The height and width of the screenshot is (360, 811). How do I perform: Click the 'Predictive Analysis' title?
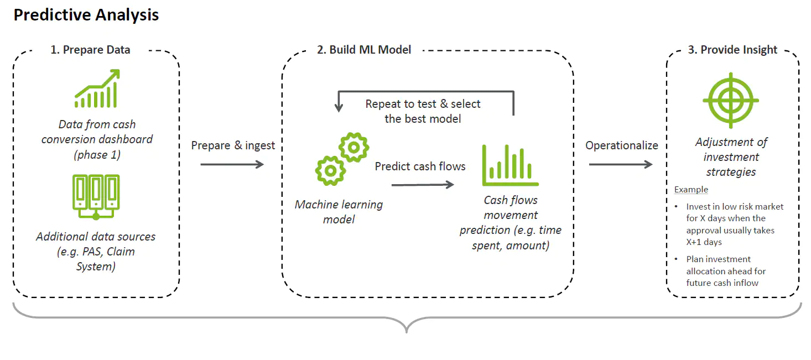click(86, 15)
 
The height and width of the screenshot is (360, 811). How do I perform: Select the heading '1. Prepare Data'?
click(90, 50)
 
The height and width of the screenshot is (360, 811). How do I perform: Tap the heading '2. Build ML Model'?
click(364, 50)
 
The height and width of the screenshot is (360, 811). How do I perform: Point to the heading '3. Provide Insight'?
click(732, 50)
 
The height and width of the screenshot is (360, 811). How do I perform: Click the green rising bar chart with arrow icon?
click(97, 88)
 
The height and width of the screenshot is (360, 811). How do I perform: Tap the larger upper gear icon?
click(353, 147)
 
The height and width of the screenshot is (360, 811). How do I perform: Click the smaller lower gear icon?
click(330, 171)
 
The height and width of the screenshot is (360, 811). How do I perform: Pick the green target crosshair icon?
click(731, 101)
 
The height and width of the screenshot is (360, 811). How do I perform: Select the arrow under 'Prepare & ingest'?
click(232, 165)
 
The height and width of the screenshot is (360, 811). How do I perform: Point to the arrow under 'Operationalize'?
click(621, 165)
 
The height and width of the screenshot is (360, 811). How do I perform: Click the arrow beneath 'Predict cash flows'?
click(423, 185)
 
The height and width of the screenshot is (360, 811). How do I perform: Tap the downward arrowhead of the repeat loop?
click(339, 107)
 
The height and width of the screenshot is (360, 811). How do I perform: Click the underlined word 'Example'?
click(691, 190)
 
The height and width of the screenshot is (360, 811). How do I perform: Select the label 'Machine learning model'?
click(339, 212)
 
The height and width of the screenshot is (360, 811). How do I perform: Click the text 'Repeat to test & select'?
click(423, 104)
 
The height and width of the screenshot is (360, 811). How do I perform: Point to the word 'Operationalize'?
click(622, 145)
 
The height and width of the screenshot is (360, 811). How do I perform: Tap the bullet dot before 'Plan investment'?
click(676, 259)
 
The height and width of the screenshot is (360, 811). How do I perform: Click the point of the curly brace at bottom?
click(407, 332)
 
